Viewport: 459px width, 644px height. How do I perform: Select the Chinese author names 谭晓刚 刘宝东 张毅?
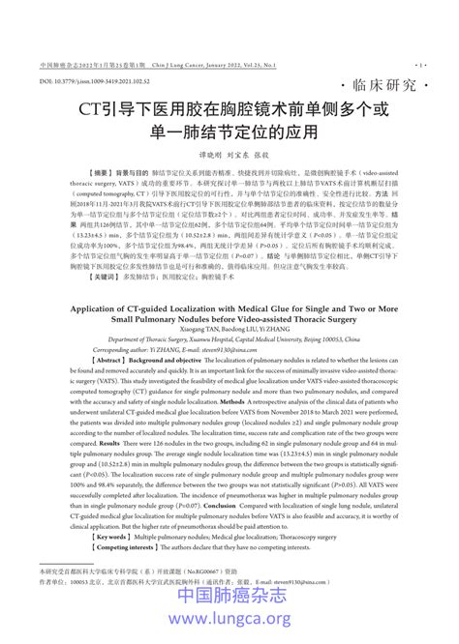[229, 155]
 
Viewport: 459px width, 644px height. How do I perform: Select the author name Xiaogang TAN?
[186, 328]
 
